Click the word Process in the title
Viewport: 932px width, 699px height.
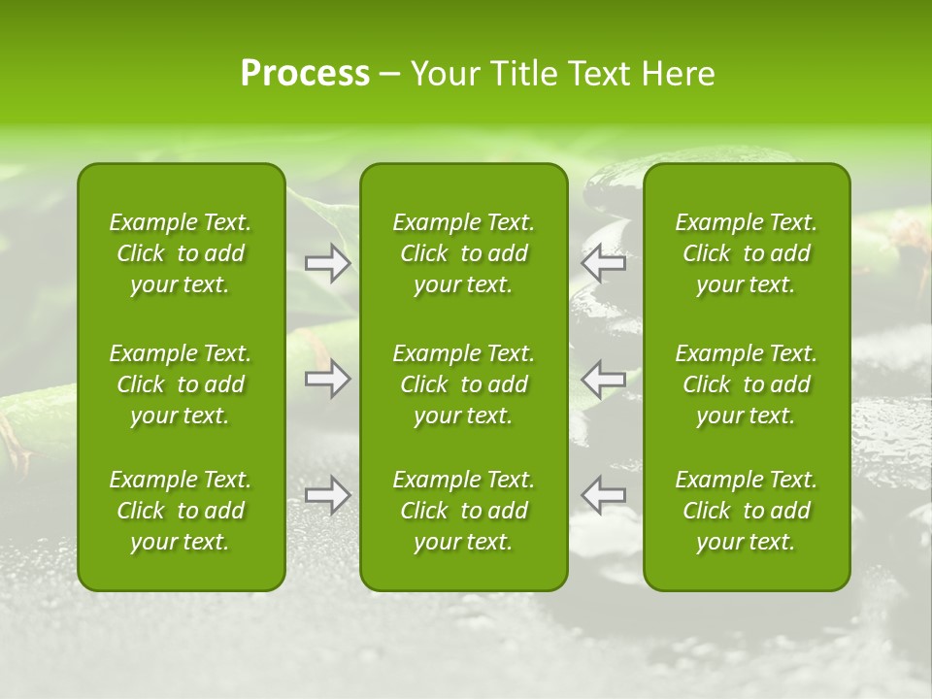click(305, 74)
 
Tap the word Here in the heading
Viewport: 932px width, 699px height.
click(678, 74)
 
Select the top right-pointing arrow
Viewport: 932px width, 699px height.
click(328, 263)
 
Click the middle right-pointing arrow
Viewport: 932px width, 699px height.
click(328, 379)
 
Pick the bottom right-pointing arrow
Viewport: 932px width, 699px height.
click(328, 494)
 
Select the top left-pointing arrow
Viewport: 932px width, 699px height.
click(603, 263)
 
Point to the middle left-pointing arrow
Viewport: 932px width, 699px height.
click(603, 379)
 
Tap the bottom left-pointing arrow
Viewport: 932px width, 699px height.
click(603, 494)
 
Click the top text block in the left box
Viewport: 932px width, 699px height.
click(181, 253)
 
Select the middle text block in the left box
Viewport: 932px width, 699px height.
click(181, 384)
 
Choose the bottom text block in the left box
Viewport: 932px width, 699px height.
click(181, 511)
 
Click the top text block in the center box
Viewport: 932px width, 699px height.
click(464, 253)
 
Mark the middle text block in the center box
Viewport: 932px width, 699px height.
click(464, 384)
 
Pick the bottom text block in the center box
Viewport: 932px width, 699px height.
click(464, 511)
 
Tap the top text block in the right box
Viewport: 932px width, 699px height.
click(747, 253)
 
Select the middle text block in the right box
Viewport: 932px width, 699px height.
click(747, 384)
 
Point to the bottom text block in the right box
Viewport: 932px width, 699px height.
click(747, 511)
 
